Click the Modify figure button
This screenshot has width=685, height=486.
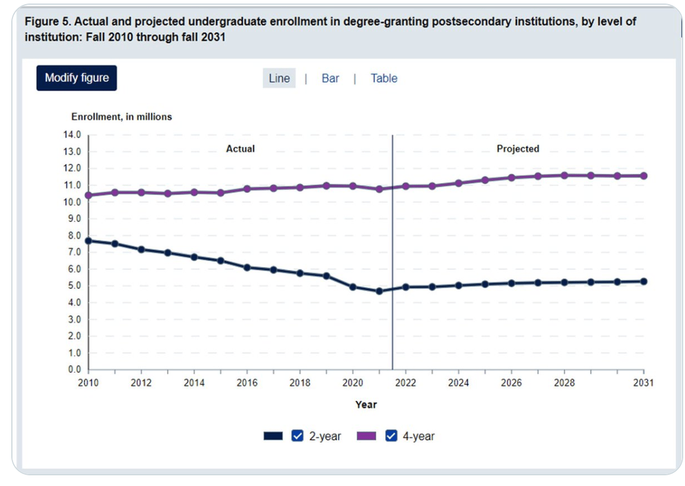coord(77,78)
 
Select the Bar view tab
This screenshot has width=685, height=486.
coord(330,78)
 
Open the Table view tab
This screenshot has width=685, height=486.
coord(384,78)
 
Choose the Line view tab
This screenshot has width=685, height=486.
coord(279,78)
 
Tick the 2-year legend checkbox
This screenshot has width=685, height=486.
coord(297,436)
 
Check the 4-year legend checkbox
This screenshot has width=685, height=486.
coord(391,436)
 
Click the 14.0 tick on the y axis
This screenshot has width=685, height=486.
coord(73,135)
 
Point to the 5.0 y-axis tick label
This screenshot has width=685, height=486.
coord(73,286)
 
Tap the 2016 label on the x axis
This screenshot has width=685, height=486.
coord(247,383)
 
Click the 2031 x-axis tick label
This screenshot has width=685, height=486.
coord(643,383)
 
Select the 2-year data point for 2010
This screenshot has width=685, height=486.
coord(88,240)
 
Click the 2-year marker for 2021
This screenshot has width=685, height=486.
coord(379,291)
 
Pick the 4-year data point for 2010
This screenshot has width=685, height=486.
coord(88,195)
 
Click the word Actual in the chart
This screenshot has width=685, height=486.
coord(240,149)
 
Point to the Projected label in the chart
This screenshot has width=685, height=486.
coord(518,149)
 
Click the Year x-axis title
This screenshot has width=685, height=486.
coord(366,405)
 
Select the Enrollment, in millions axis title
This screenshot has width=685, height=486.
coord(122,117)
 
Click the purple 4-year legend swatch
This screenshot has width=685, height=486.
coord(366,436)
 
